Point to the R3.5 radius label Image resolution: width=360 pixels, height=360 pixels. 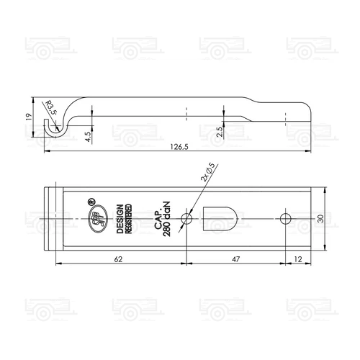click(x=50, y=109)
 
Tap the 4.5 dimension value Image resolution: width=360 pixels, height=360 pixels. click(x=86, y=136)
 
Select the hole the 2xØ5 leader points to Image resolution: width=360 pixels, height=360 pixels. click(x=187, y=217)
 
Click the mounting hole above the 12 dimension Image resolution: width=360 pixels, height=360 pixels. click(x=286, y=217)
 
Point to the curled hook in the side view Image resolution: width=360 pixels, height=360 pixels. click(x=51, y=126)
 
